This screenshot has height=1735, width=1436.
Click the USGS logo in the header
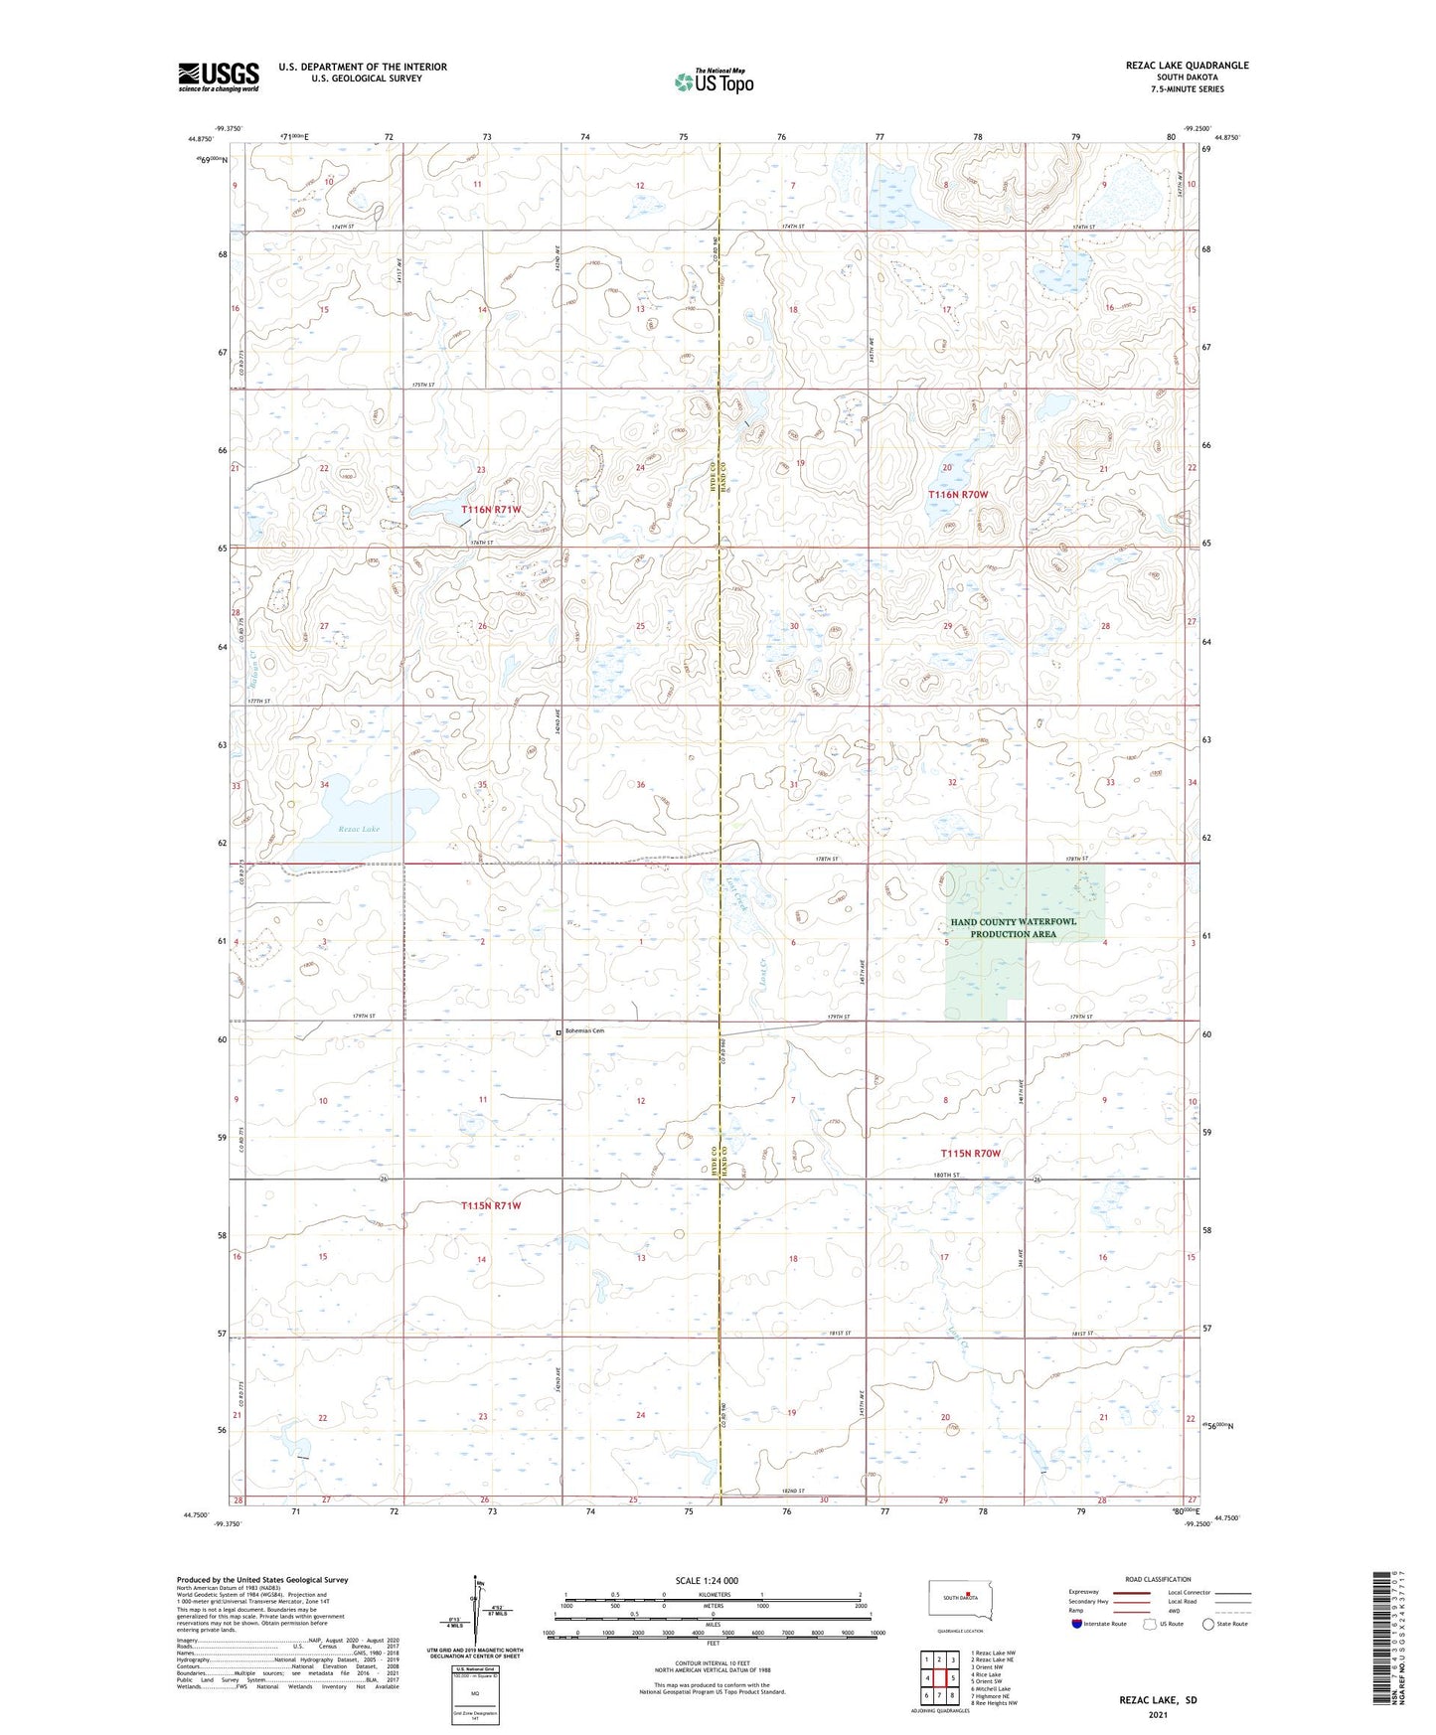click(219, 77)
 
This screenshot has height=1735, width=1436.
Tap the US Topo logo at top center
click(713, 81)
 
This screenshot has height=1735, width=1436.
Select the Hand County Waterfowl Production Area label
click(1013, 928)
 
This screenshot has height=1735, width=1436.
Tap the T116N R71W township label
click(491, 510)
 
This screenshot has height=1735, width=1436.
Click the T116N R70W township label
click(958, 494)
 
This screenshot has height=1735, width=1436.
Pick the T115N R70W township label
click(970, 1154)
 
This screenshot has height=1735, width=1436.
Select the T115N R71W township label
click(491, 1205)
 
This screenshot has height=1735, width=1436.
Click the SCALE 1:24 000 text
click(707, 1580)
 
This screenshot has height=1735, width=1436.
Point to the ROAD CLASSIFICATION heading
click(1158, 1579)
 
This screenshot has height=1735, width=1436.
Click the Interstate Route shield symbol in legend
click(1077, 1624)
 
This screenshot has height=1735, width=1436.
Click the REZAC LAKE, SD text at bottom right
click(1158, 1700)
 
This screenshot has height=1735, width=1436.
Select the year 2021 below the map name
click(1158, 1715)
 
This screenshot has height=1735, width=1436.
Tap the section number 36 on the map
click(641, 785)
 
